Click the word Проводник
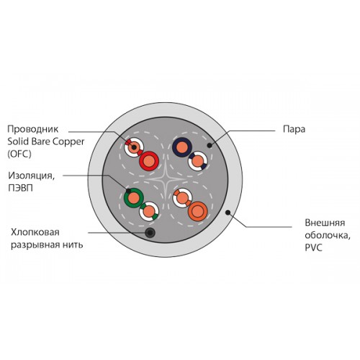pos(33,130)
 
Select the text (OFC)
pos(19,154)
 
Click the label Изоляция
pos(31,176)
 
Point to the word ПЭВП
pos(20,188)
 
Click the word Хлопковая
pos(35,233)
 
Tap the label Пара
pos(294,130)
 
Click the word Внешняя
pos(325,223)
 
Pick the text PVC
pos(313,248)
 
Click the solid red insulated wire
pos(149,161)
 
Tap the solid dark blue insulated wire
pos(182,147)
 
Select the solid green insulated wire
pos(134,198)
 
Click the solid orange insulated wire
pos(198,211)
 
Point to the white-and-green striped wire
pos(149,211)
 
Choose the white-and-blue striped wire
pos(198,161)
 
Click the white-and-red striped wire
pos(134,147)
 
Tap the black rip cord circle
pos(150,233)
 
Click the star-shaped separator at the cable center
pos(166,179)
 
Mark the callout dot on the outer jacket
pos(228,212)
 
